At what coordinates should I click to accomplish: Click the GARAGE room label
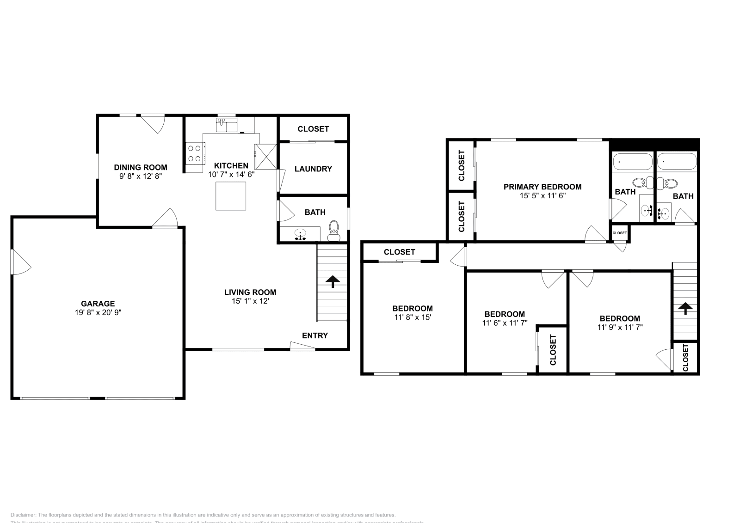tap(98, 304)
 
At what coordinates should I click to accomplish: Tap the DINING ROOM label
tap(141, 167)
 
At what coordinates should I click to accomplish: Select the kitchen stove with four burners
tap(195, 153)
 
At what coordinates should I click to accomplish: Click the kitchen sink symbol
tap(226, 124)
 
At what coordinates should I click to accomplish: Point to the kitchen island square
tap(230, 196)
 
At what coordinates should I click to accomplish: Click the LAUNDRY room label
tap(313, 169)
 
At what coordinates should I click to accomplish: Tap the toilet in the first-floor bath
tap(333, 230)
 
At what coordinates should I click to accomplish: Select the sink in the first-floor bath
tap(301, 234)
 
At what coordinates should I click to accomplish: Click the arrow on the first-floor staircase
tap(332, 281)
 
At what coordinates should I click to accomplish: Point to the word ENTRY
tap(315, 335)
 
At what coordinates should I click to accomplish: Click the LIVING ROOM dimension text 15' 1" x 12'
tap(250, 301)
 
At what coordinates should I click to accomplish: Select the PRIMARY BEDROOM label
tap(543, 187)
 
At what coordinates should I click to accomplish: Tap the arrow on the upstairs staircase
tap(684, 308)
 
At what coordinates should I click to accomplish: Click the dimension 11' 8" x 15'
tap(413, 317)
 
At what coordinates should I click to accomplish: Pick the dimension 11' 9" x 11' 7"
tap(620, 327)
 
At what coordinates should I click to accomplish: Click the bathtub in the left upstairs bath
tap(632, 162)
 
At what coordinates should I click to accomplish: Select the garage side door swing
tap(20, 262)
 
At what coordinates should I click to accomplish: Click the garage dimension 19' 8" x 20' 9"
tap(98, 312)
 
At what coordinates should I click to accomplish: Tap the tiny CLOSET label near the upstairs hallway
tap(620, 233)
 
